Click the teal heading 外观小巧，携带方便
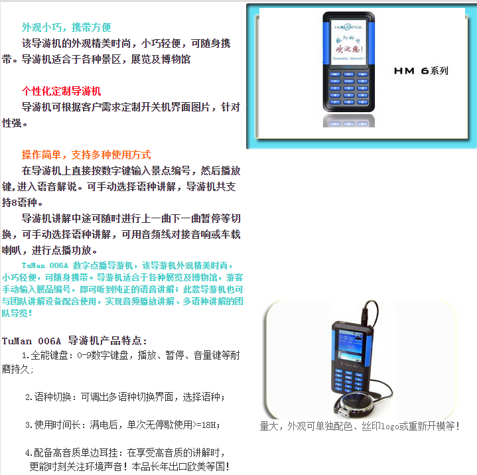click(x=66, y=27)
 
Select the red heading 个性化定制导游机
click(x=62, y=91)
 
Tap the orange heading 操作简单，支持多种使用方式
click(x=86, y=155)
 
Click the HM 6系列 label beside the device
click(x=421, y=70)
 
